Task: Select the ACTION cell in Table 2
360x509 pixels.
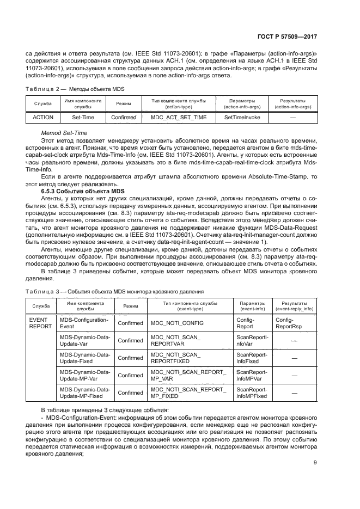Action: click(42, 117)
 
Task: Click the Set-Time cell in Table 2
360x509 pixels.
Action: click(83, 117)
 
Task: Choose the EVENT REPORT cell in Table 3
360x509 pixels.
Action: click(41, 323)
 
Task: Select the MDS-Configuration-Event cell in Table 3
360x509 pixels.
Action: click(84, 323)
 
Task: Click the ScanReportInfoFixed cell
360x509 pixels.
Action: click(250, 358)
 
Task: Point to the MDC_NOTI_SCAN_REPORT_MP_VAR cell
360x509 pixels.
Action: click(187, 375)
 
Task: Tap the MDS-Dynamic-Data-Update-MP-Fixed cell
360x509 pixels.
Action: click(84, 392)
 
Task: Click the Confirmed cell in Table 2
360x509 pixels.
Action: click(124, 117)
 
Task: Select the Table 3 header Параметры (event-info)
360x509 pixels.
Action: click(249, 305)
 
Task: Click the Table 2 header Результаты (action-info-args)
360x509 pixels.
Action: click(292, 104)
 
